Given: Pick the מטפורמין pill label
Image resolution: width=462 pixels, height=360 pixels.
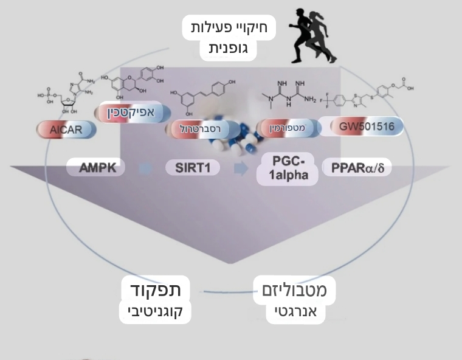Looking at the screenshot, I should click(x=288, y=128).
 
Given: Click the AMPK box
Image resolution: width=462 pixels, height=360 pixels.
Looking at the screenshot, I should click(x=97, y=167).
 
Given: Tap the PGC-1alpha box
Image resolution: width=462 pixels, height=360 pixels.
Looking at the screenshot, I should click(x=288, y=168).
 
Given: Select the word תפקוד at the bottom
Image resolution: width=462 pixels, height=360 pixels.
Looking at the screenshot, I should click(x=156, y=289).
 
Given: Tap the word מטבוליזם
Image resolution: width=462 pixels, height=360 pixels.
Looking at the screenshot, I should click(x=294, y=290).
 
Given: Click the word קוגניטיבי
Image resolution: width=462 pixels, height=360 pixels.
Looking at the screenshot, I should click(x=156, y=312).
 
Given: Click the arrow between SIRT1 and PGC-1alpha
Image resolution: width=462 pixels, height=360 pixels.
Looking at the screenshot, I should click(x=241, y=168).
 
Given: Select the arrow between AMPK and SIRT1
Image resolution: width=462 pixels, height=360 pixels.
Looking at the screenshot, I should click(x=145, y=168).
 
